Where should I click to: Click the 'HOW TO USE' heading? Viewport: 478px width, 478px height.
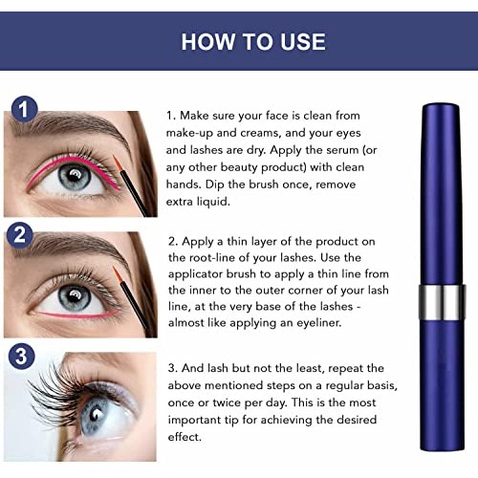[x=239, y=41]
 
